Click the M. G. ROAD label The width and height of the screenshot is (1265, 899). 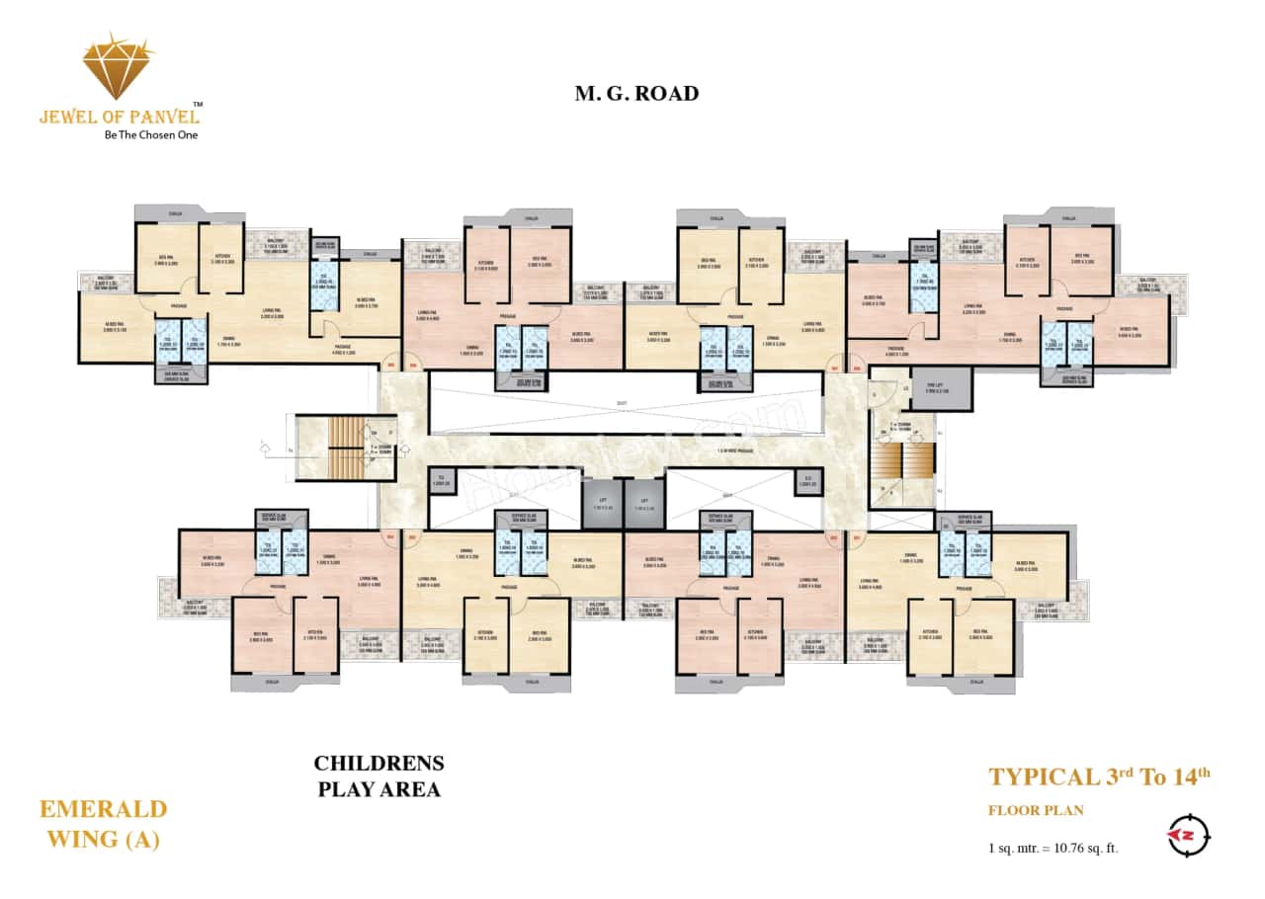(x=636, y=94)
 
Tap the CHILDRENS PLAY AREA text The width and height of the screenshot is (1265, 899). (x=379, y=776)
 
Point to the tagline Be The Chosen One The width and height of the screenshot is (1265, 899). (x=150, y=135)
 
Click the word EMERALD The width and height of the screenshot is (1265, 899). (x=103, y=810)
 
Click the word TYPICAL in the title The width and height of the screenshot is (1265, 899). (x=1044, y=776)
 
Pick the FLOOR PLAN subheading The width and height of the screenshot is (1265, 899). (x=1036, y=811)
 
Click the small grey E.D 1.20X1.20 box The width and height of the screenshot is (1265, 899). (x=808, y=481)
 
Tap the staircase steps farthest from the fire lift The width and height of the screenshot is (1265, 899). (x=347, y=448)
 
